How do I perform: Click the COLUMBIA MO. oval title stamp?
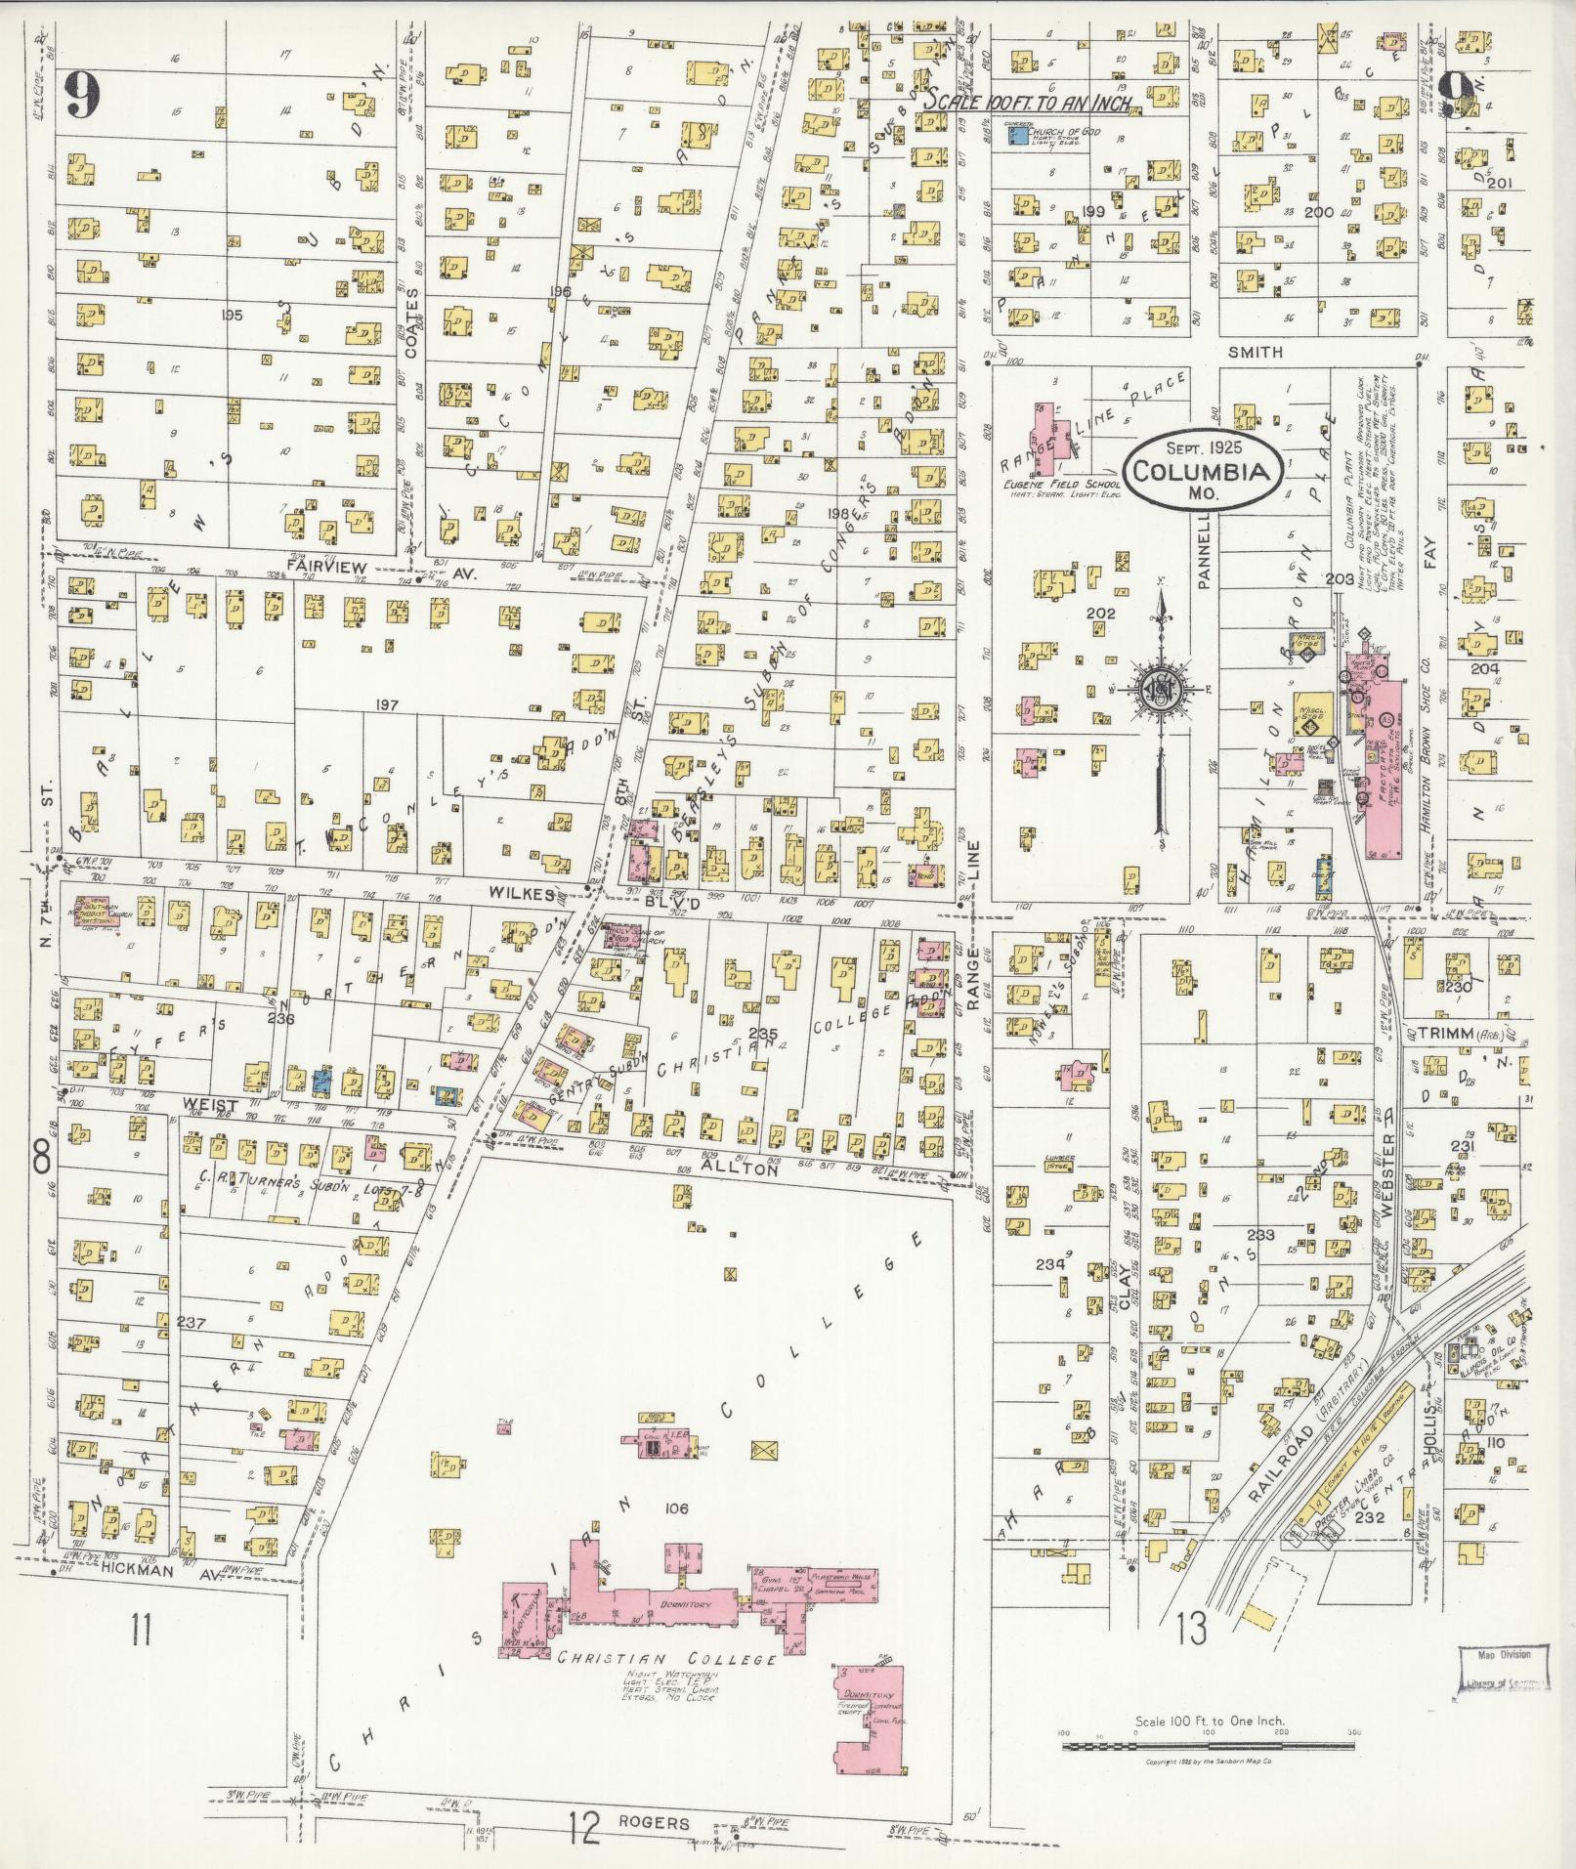point(1202,473)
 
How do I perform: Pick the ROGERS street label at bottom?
point(654,1823)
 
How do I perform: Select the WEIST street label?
point(211,1104)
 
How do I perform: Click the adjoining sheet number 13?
point(1192,1629)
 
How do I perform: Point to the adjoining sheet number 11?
point(142,1630)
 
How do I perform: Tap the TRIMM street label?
point(1437,1033)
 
